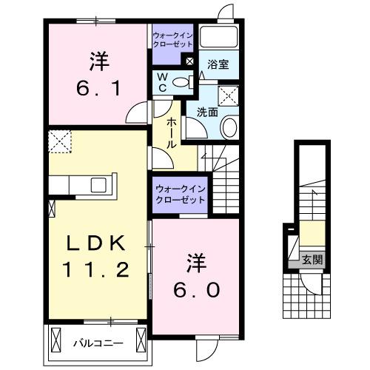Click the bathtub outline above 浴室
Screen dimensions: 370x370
pyautogui.click(x=219, y=38)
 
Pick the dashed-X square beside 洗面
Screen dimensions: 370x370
pyautogui.click(x=228, y=95)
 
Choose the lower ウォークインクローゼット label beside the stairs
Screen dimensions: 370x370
pyautogui.click(x=181, y=195)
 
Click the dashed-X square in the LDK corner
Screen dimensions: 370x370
pyautogui.click(x=59, y=140)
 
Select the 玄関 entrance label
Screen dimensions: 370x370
pyautogui.click(x=312, y=260)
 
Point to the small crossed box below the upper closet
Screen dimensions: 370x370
pyautogui.click(x=190, y=62)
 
